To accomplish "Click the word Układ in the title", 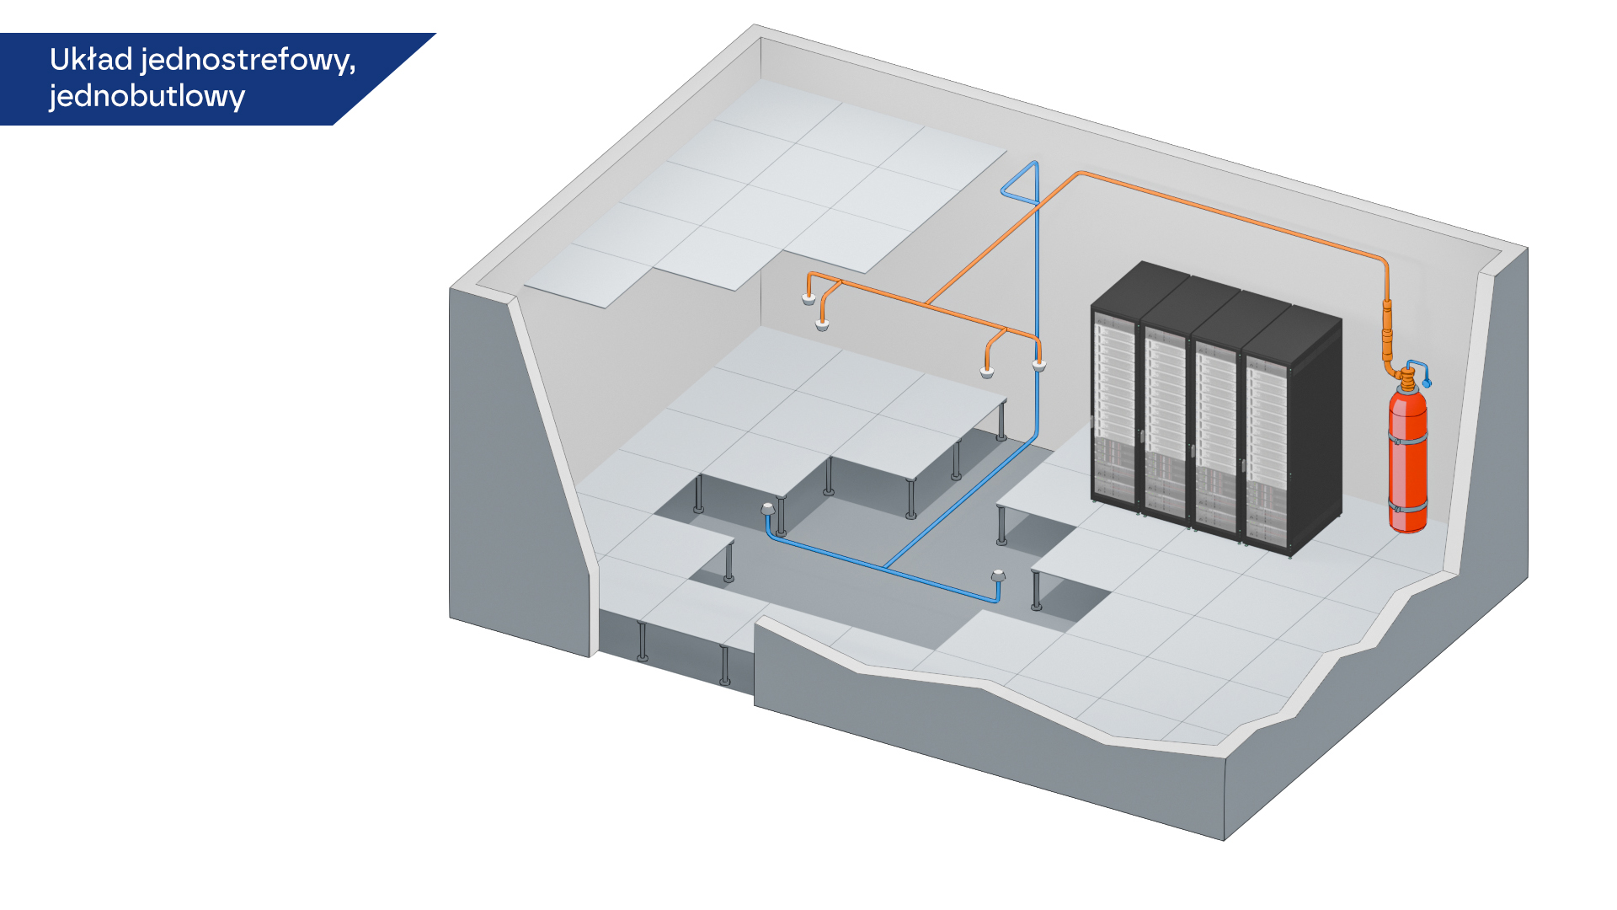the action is pyautogui.click(x=91, y=60).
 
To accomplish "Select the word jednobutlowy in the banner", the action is pyautogui.click(x=147, y=97).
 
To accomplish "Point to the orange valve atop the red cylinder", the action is pyautogui.click(x=1406, y=377).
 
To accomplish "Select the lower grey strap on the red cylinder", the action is pyautogui.click(x=1407, y=507).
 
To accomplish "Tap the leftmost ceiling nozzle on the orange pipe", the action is pyautogui.click(x=808, y=298).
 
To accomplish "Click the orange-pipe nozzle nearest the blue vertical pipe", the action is pyautogui.click(x=1039, y=365).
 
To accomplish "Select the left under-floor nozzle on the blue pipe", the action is pyautogui.click(x=767, y=509).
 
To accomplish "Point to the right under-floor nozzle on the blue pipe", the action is pyautogui.click(x=998, y=576).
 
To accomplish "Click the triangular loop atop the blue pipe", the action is pyautogui.click(x=1021, y=184).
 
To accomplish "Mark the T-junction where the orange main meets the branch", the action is pyautogui.click(x=926, y=302).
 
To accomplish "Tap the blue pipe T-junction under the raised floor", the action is pyautogui.click(x=886, y=567).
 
